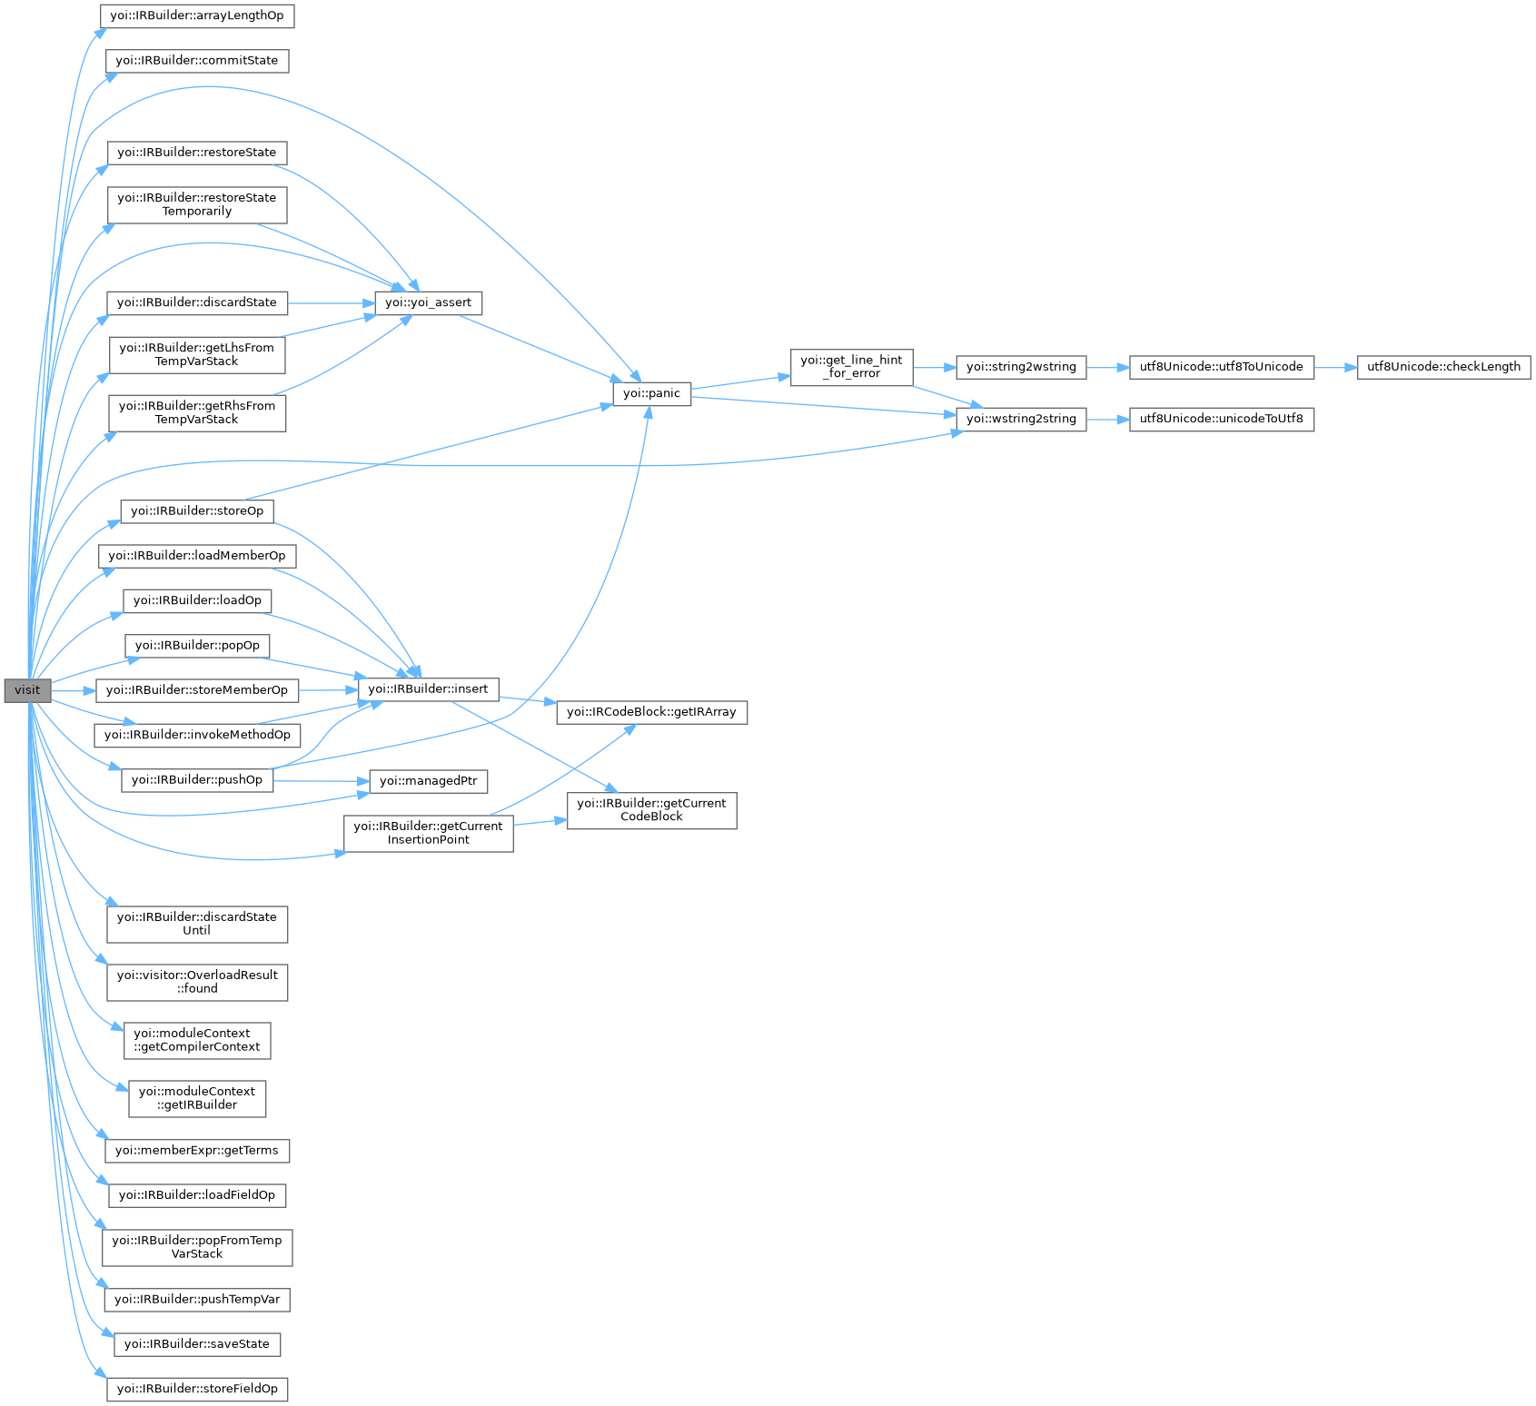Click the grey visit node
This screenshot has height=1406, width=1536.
point(27,690)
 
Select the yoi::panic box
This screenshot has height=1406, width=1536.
point(651,393)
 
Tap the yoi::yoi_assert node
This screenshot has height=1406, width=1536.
point(428,302)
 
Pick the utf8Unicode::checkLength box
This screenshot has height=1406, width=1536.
point(1443,367)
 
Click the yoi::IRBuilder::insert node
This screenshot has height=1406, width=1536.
point(428,689)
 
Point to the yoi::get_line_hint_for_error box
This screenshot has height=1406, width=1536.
point(851,367)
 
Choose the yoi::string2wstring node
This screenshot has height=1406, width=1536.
point(1021,367)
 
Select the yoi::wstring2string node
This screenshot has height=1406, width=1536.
point(1021,419)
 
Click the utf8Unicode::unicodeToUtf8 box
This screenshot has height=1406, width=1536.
point(1221,419)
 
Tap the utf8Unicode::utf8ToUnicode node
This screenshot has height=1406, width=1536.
point(1221,367)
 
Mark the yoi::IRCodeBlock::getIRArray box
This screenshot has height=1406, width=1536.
point(651,712)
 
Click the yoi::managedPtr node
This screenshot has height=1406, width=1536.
point(428,781)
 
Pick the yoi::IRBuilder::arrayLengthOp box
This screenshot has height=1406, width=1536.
point(197,16)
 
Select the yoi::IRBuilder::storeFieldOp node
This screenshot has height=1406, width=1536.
point(197,1389)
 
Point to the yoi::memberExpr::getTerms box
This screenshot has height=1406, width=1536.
point(197,1151)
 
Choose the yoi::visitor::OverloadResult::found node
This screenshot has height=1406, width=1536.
point(197,982)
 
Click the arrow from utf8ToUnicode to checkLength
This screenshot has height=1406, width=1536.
point(1335,367)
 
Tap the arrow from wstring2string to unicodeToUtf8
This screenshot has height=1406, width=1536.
point(1107,419)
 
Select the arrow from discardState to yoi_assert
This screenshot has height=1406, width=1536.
point(332,302)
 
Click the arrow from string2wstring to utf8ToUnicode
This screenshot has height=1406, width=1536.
point(1107,367)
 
